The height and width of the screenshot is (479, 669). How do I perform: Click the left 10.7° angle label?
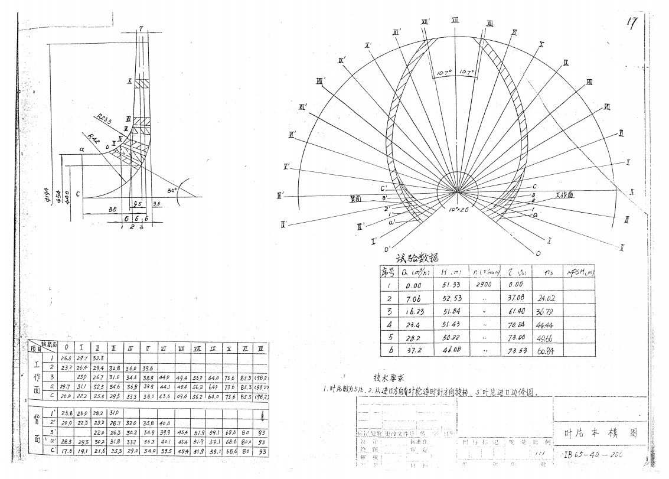point(443,73)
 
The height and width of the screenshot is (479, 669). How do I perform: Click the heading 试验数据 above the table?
point(417,258)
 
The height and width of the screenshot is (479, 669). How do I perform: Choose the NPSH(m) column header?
point(580,272)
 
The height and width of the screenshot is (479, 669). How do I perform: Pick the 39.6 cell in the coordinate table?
point(147,368)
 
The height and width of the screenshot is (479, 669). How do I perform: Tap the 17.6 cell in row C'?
point(67,452)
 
